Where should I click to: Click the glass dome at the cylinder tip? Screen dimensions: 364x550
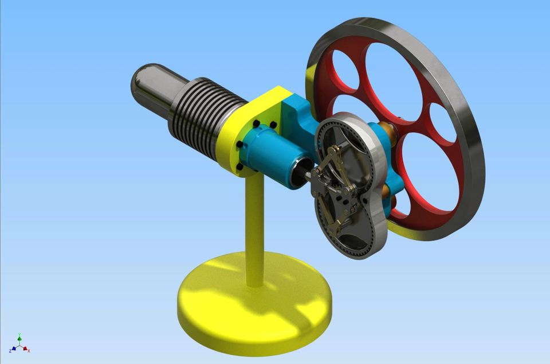(150, 87)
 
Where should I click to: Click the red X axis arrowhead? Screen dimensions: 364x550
(25, 348)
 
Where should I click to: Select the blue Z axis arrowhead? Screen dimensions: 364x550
(13, 348)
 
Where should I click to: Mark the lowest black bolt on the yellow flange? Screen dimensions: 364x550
(239, 167)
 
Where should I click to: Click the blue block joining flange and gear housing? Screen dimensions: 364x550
(298, 115)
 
